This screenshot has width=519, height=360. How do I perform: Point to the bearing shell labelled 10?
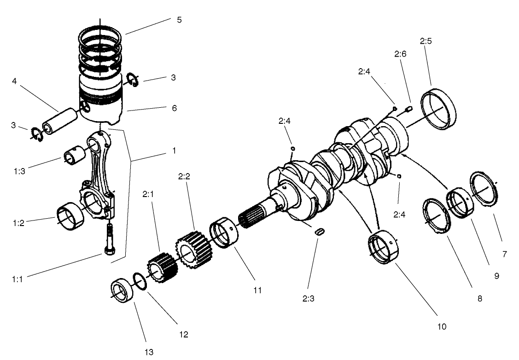pos(385,249)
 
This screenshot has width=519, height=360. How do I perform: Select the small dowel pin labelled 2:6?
pos(408,109)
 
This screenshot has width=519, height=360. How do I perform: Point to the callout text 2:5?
pos(426,41)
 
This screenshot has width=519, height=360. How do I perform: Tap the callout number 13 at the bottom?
pos(148,352)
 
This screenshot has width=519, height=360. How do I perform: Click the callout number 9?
pos(496,276)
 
